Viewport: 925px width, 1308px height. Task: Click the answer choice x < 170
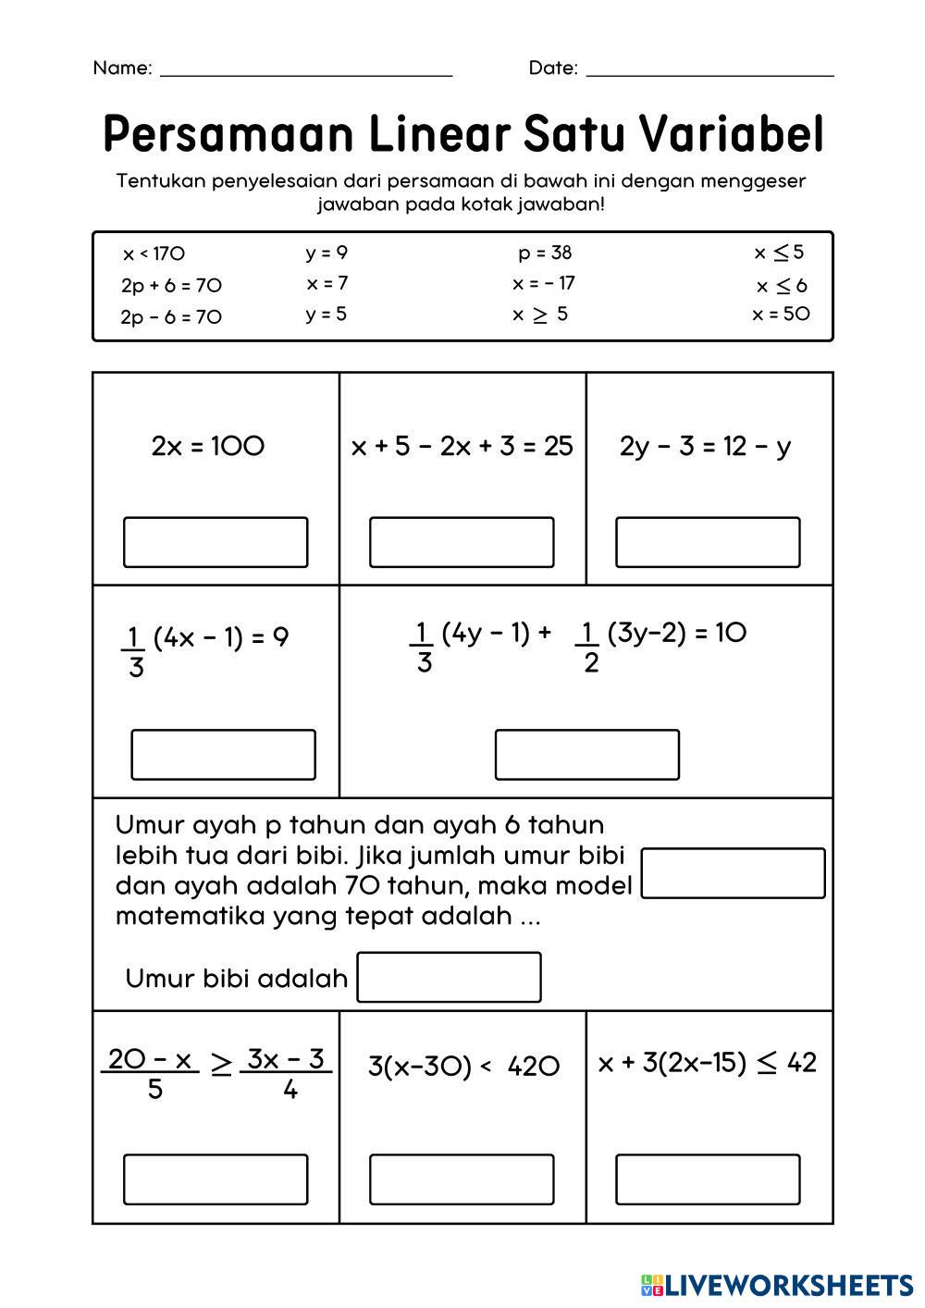click(x=154, y=253)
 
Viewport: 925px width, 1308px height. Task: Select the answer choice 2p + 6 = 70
click(x=171, y=285)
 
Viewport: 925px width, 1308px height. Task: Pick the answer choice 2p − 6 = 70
click(x=171, y=316)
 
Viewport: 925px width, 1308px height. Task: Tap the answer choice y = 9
click(x=327, y=253)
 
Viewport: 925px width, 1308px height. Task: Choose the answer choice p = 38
click(x=545, y=253)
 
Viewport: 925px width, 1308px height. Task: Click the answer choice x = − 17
click(x=543, y=283)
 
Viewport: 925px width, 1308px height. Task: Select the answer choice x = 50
click(x=781, y=314)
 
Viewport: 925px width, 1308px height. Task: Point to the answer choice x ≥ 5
click(x=540, y=315)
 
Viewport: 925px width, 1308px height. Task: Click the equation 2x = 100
click(x=208, y=446)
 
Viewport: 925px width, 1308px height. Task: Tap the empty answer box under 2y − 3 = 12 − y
click(x=708, y=542)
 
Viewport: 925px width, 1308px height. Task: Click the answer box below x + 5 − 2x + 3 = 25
click(x=462, y=542)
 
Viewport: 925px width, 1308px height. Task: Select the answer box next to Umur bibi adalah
click(x=449, y=978)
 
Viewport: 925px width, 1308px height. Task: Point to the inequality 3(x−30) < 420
click(x=463, y=1067)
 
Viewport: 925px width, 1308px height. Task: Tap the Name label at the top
click(x=121, y=68)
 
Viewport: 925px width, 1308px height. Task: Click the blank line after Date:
click(x=709, y=69)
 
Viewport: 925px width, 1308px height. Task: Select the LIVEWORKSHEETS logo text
click(x=788, y=1284)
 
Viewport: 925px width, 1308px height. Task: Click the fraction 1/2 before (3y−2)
click(x=589, y=647)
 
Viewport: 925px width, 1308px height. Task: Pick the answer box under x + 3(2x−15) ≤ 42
click(x=708, y=1179)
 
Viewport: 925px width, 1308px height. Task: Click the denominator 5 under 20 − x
click(x=154, y=1089)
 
